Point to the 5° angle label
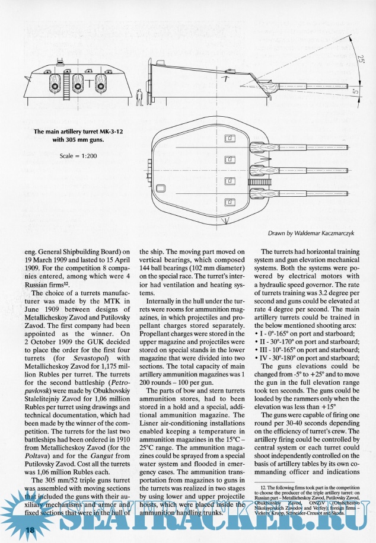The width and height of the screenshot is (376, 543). tap(355, 92)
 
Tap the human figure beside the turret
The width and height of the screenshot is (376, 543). tap(139, 97)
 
